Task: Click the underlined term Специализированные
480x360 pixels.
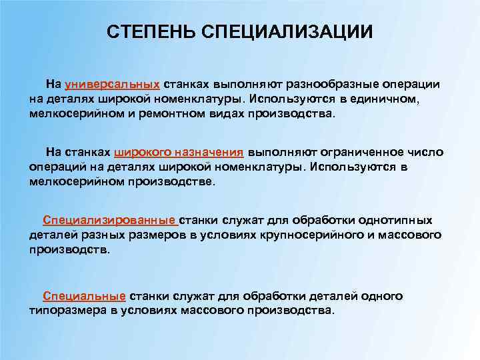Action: point(109,221)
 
